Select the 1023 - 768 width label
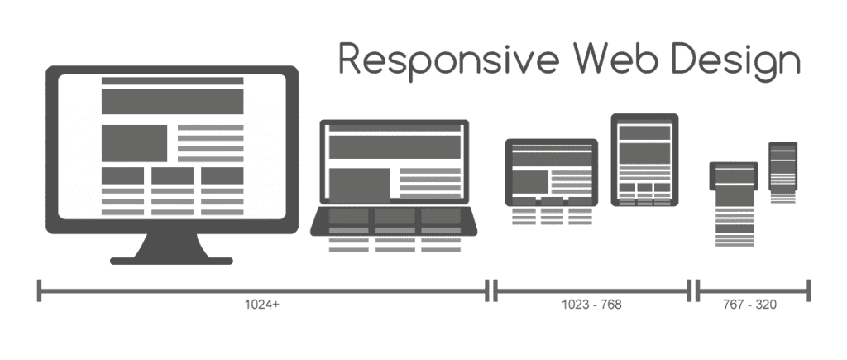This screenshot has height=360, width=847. (591, 305)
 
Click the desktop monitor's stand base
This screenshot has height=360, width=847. (171, 259)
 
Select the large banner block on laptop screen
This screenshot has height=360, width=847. (394, 148)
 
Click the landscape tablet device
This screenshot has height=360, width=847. (551, 171)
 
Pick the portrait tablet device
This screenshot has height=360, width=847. (644, 159)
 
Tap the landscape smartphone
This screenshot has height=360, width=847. (734, 176)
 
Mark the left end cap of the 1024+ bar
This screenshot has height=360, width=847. (39, 290)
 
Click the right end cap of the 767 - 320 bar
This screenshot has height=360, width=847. (810, 290)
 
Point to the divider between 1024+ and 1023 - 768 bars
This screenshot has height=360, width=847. (493, 290)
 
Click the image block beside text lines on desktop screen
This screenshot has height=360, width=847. (134, 143)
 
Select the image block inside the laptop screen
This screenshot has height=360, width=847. (359, 185)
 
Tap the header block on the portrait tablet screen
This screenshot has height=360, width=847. (644, 133)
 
